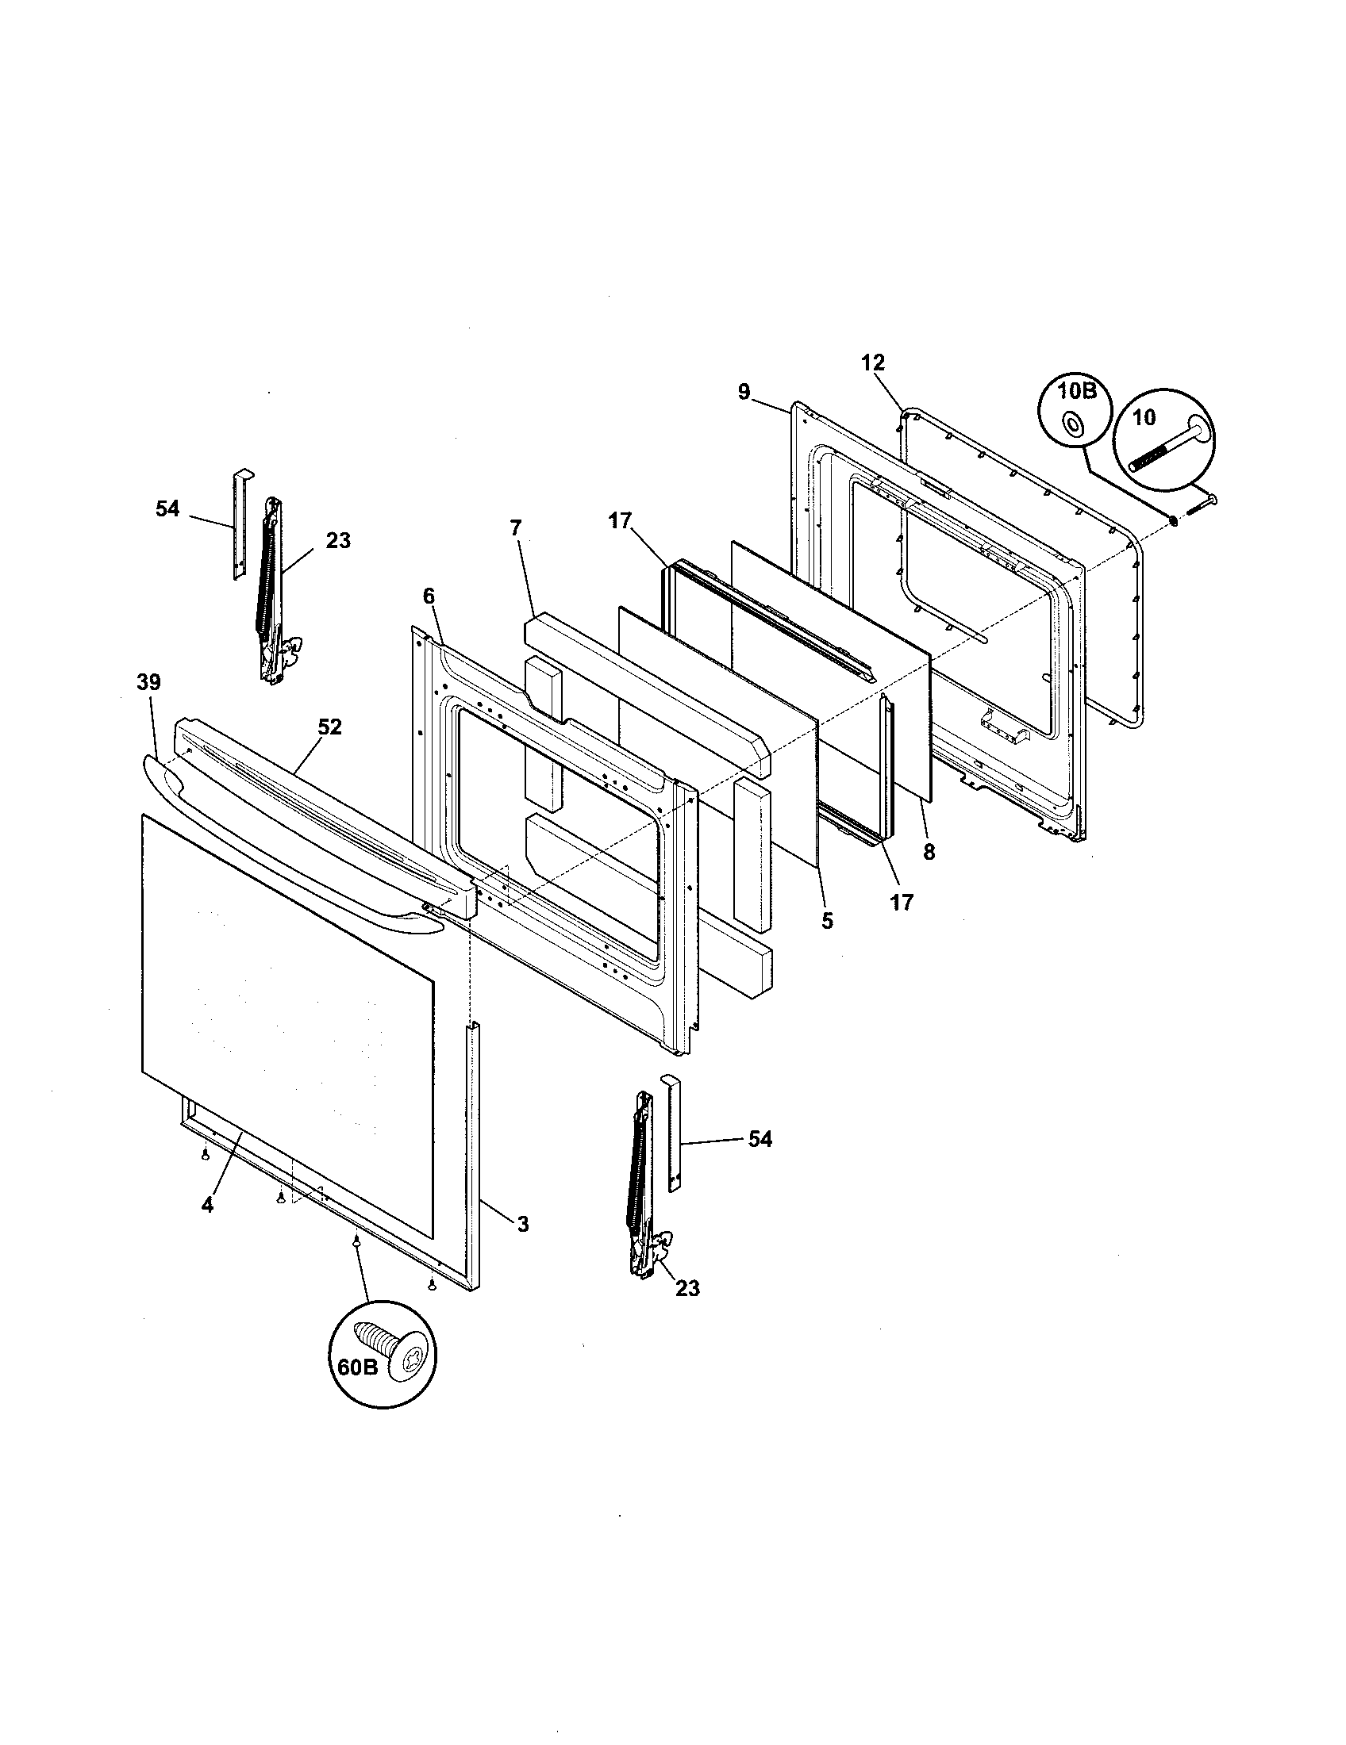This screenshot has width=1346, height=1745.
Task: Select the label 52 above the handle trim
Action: pyautogui.click(x=329, y=727)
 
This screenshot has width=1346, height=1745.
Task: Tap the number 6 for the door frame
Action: pyautogui.click(x=429, y=596)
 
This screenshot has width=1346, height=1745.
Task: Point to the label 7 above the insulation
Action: pyautogui.click(x=516, y=528)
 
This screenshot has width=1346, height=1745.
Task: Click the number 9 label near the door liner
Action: pyautogui.click(x=744, y=393)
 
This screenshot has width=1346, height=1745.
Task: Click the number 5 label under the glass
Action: pyautogui.click(x=827, y=921)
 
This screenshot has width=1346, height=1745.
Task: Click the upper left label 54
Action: pyautogui.click(x=167, y=509)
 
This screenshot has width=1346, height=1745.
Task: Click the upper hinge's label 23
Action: pyautogui.click(x=338, y=541)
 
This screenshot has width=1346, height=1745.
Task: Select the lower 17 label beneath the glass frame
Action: pyautogui.click(x=901, y=903)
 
